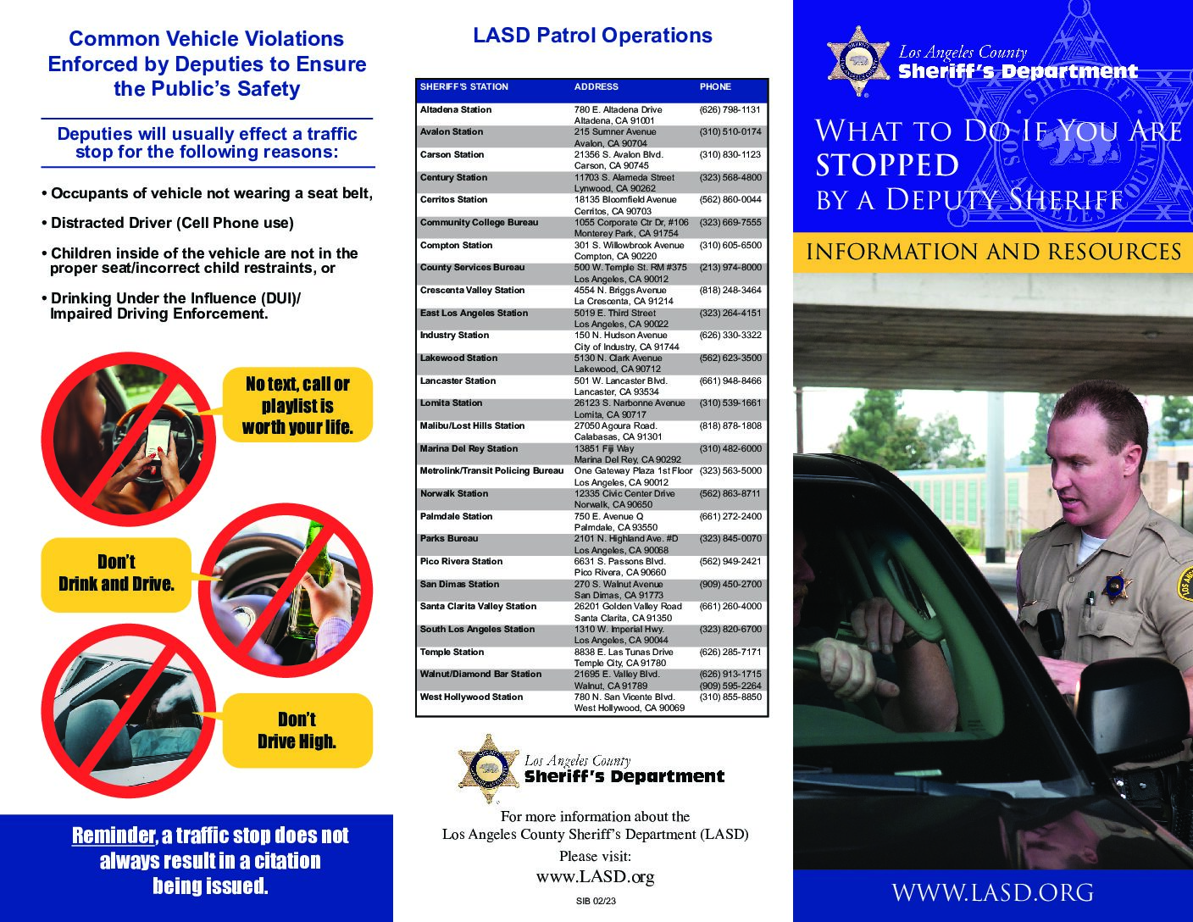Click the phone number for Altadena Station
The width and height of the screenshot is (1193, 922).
730,109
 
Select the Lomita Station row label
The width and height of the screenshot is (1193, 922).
451,403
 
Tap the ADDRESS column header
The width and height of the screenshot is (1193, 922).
596,86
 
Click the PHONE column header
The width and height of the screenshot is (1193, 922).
715,86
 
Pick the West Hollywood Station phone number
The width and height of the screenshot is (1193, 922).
730,697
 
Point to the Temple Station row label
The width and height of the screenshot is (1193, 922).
452,653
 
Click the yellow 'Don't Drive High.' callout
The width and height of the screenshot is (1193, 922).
297,730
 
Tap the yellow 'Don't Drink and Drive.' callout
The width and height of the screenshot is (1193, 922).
116,574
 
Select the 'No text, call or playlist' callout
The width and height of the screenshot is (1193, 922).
297,405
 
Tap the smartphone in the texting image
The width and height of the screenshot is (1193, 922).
158,439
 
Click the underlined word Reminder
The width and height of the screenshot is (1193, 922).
114,836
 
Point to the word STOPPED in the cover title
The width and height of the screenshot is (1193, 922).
887,165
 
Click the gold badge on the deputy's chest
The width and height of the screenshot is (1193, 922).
1117,586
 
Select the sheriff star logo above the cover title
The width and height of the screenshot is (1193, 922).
858,61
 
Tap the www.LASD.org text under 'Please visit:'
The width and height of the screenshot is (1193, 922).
595,877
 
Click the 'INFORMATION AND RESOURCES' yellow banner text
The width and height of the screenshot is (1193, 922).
993,252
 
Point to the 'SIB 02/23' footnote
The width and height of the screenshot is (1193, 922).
596,902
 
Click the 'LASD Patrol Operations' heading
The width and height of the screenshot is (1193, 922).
592,36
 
